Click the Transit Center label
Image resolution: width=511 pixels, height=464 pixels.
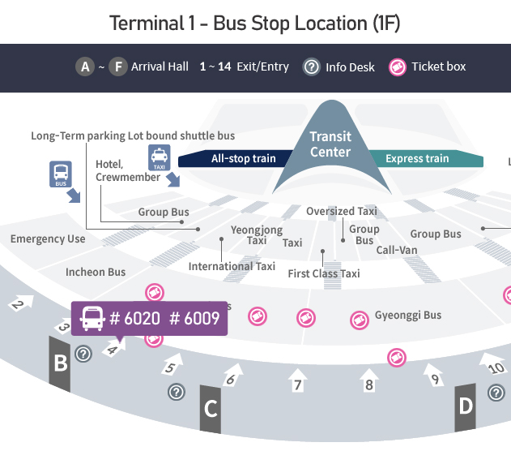330,144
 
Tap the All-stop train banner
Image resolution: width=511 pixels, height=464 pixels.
243,158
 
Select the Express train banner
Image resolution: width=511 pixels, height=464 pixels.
417,158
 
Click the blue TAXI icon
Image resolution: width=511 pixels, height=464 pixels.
159,157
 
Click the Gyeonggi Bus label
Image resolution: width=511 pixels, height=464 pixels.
408,315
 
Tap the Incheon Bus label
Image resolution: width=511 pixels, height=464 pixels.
96,272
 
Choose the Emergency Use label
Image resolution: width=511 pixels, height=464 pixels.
48,238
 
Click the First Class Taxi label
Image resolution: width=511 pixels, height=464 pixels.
324,274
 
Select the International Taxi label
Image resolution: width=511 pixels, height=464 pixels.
232,266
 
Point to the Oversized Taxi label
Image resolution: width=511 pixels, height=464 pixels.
342,212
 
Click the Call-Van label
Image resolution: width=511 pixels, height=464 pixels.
397,250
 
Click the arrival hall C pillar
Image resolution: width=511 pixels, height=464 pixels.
211,408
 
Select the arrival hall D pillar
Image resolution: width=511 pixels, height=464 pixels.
465,405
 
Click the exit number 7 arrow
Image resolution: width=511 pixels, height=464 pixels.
298,380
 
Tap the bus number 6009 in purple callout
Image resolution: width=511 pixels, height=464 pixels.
194,319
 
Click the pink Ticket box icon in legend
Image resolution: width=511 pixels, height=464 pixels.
397,67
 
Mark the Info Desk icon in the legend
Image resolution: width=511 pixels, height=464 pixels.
311,67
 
